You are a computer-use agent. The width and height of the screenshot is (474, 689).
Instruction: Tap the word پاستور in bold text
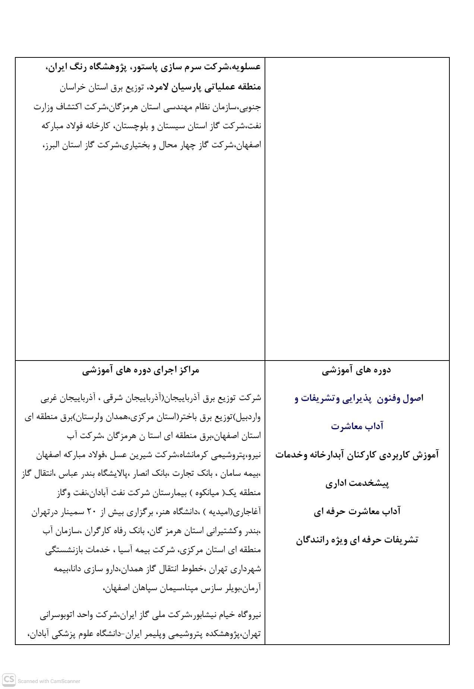click(143, 67)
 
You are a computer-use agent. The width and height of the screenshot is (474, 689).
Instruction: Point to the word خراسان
click(73, 87)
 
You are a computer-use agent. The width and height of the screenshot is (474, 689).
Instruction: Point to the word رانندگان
click(318, 539)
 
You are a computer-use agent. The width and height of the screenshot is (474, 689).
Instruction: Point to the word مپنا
click(189, 589)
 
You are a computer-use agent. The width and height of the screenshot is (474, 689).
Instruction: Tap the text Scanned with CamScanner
click(49, 681)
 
